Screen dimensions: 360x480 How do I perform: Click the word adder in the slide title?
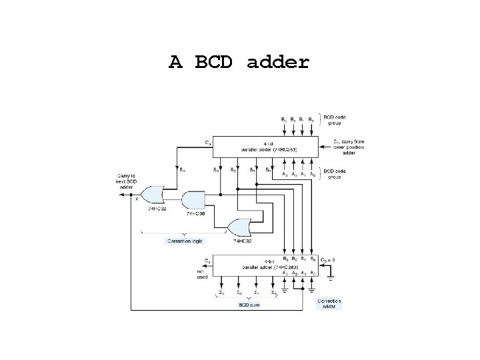(278, 63)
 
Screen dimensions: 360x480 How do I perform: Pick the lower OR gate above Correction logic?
(239, 227)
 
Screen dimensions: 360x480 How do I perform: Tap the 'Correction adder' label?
(329, 304)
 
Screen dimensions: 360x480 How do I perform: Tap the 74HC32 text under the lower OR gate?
(239, 241)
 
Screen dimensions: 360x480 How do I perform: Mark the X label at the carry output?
(137, 198)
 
